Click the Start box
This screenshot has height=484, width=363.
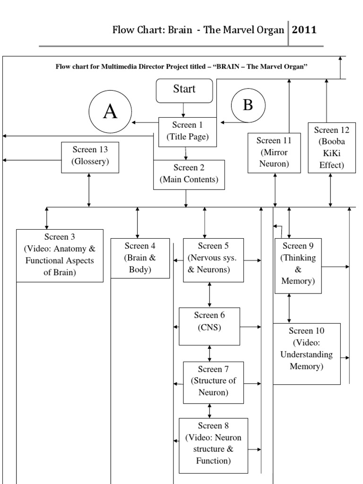tap(184, 90)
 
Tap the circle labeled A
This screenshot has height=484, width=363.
tap(110, 112)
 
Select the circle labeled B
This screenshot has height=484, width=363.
tap(248, 105)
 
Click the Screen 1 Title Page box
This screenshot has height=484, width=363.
tap(188, 131)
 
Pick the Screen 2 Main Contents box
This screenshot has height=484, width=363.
tap(189, 174)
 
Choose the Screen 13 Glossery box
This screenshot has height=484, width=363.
tap(90, 156)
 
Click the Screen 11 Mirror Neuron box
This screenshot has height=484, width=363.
tap(275, 153)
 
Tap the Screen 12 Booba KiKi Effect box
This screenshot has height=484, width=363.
tap(332, 147)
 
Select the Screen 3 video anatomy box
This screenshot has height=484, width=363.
tap(60, 255)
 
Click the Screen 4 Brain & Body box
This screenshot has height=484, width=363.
tap(140, 258)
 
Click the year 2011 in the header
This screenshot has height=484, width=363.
tap(304, 30)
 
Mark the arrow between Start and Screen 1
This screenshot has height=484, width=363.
tap(184, 110)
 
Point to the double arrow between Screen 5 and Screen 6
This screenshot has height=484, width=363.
tap(209, 294)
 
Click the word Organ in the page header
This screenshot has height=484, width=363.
tap(271, 30)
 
